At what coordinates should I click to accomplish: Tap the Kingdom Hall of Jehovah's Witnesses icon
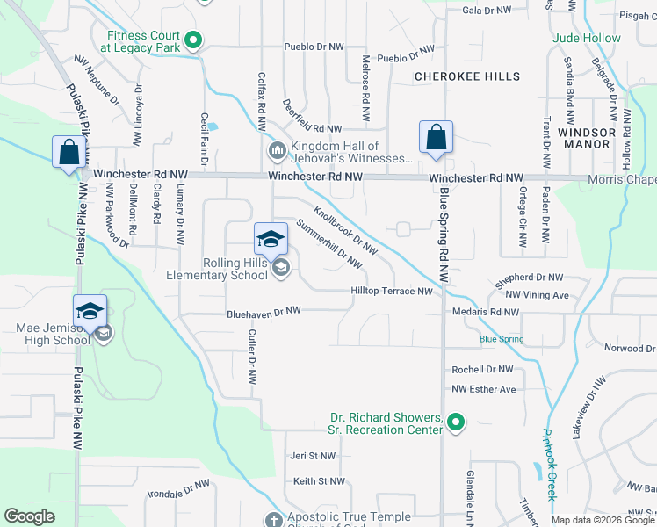pos(278,152)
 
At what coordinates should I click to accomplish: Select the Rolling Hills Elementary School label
pos(218,269)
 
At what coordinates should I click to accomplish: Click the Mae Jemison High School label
pos(53,335)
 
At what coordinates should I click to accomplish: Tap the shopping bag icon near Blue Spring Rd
pos(436,139)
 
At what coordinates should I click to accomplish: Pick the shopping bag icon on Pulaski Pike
pos(69,153)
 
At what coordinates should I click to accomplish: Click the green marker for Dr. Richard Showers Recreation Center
pos(455,423)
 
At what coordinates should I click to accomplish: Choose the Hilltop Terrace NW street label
pos(392,292)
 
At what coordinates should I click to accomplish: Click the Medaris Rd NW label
pos(486,312)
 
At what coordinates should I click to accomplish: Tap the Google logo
pos(30,516)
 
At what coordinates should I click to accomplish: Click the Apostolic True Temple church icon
pos(273,520)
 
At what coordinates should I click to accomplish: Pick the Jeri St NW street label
pos(314,456)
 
